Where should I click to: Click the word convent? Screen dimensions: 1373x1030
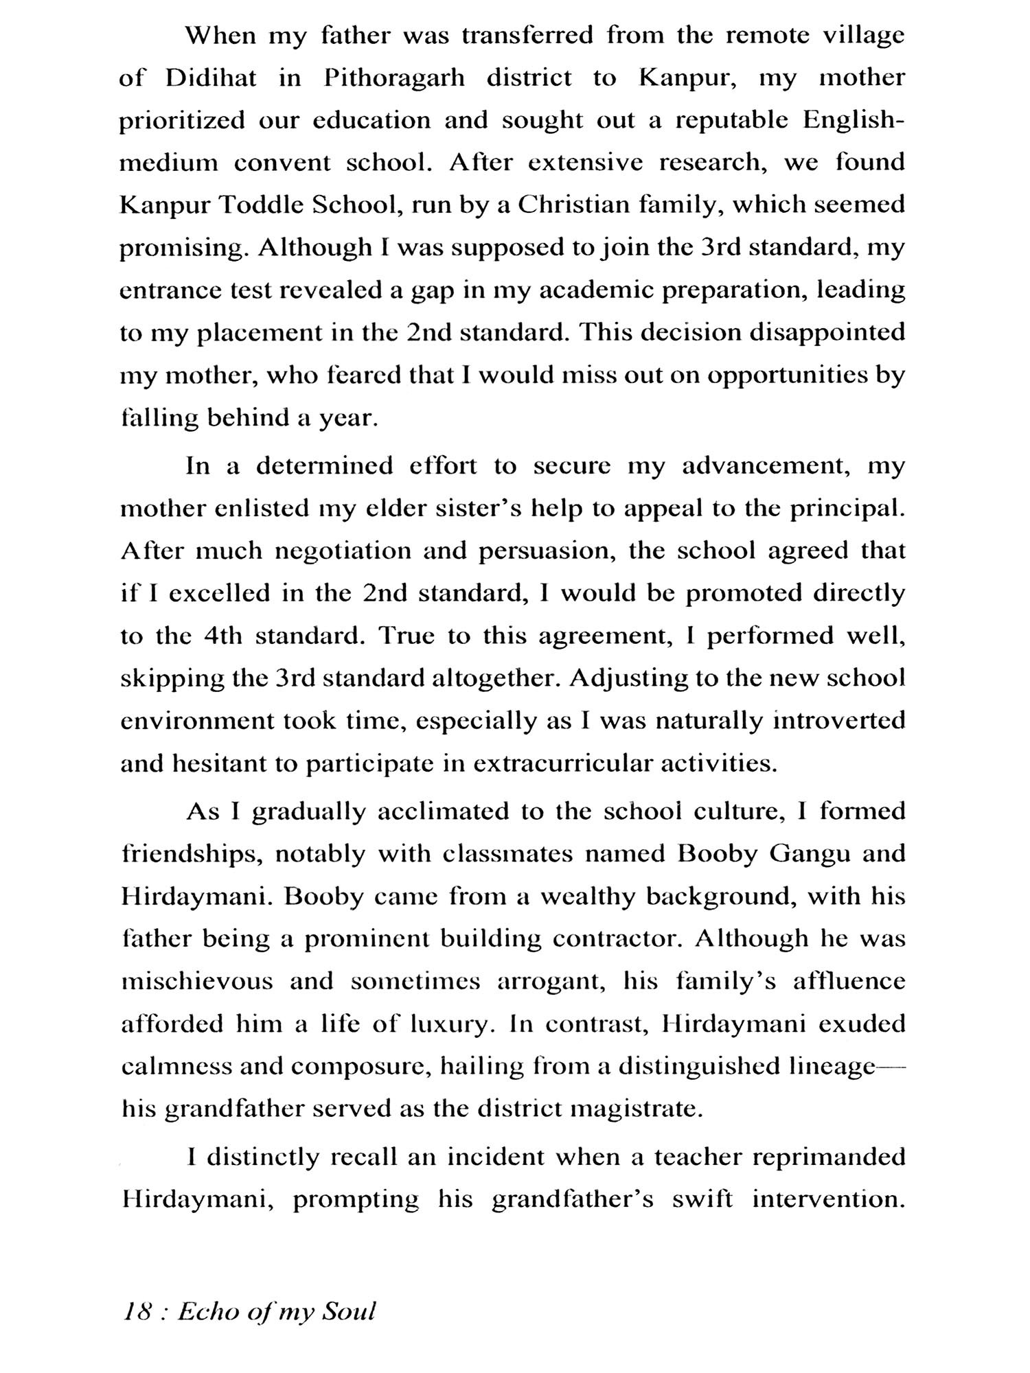[283, 163]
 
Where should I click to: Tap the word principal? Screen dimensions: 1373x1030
[847, 509]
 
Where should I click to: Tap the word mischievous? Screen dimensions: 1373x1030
[196, 982]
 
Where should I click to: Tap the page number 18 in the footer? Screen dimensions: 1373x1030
[136, 1311]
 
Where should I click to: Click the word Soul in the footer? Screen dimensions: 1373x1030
[350, 1311]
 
